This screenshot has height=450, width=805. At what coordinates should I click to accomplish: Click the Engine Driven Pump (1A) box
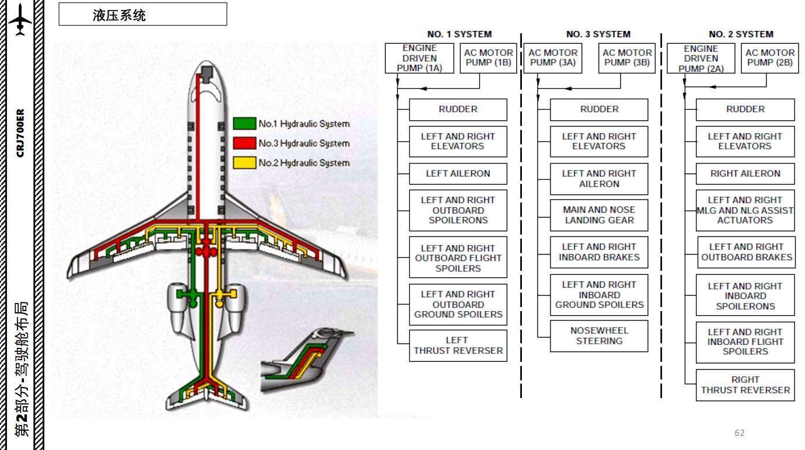419,58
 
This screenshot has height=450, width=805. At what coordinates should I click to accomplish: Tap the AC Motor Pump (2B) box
769,58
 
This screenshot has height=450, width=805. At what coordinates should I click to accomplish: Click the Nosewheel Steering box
599,336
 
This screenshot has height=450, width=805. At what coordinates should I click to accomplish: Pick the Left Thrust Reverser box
458,346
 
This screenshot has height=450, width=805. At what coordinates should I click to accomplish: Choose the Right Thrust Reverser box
745,385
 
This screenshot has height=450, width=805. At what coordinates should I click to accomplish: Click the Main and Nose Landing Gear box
599,215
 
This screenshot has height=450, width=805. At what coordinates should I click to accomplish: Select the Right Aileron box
745,173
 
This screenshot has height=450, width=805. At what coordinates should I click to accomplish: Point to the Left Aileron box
458,173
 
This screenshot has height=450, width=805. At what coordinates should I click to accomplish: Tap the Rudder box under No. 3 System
599,109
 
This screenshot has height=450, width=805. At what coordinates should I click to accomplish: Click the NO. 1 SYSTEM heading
459,34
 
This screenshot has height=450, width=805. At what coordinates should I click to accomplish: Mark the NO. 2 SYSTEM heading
741,34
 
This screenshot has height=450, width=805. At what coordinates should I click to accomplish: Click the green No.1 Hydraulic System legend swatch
245,124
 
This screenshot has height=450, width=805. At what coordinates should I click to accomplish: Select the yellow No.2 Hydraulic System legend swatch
245,163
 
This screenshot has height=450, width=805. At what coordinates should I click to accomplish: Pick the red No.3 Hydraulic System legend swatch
245,143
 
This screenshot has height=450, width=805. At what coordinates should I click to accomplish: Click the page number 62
740,432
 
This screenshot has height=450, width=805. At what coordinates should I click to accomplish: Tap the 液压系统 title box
142,15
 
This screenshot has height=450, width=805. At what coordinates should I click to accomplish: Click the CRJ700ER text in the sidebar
21,132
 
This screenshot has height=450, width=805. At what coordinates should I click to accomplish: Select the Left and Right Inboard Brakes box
599,252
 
